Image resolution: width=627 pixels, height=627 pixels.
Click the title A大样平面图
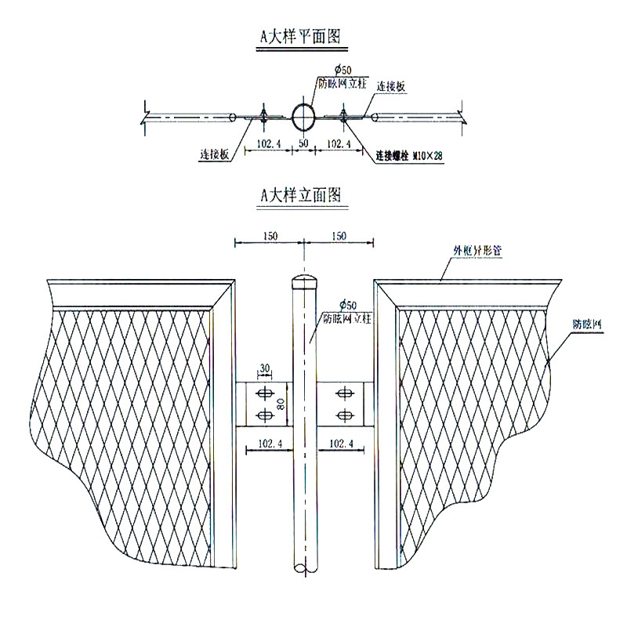[x=303, y=36]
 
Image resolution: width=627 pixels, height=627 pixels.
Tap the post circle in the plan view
[x=303, y=117]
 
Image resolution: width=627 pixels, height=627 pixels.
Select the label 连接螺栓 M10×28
[x=408, y=156]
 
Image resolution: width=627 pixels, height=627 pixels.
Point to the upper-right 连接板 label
[x=390, y=86]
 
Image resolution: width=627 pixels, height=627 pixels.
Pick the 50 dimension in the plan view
[x=303, y=144]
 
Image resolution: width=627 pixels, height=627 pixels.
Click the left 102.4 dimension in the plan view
[x=269, y=144]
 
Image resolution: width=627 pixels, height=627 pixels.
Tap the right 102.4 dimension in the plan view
[x=338, y=144]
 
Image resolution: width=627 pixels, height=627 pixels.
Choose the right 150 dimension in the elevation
[x=338, y=236]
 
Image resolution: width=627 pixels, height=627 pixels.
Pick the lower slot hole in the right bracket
[x=342, y=414]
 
